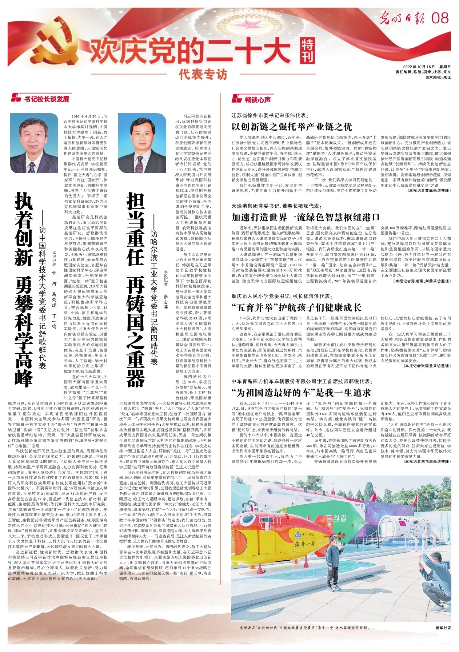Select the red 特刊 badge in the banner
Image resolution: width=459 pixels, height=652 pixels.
point(308,51)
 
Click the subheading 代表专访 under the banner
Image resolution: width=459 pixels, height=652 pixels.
point(203,75)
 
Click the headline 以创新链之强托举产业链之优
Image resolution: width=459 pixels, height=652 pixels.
point(292,127)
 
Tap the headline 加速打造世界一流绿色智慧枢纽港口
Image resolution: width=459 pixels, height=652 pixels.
point(306,218)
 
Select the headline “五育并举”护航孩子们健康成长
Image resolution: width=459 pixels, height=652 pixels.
point(296,307)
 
